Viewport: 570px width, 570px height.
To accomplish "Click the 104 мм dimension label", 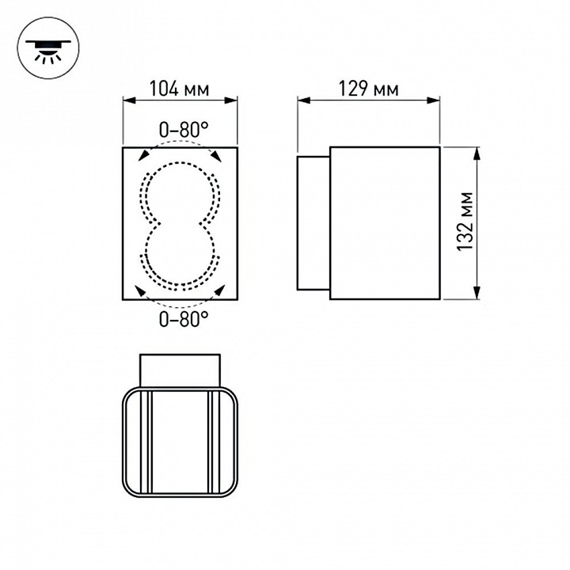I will tap(179, 89).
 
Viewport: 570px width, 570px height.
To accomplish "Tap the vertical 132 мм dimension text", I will tap(466, 222).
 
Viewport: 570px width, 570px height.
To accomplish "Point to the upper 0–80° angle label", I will tap(183, 128).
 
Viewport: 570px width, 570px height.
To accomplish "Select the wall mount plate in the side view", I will tap(313, 222).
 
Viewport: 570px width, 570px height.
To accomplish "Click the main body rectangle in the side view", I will tap(384, 222).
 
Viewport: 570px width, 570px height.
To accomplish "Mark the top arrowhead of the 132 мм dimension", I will tap(477, 151).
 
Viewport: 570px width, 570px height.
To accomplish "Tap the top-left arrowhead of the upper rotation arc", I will tap(144, 156).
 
